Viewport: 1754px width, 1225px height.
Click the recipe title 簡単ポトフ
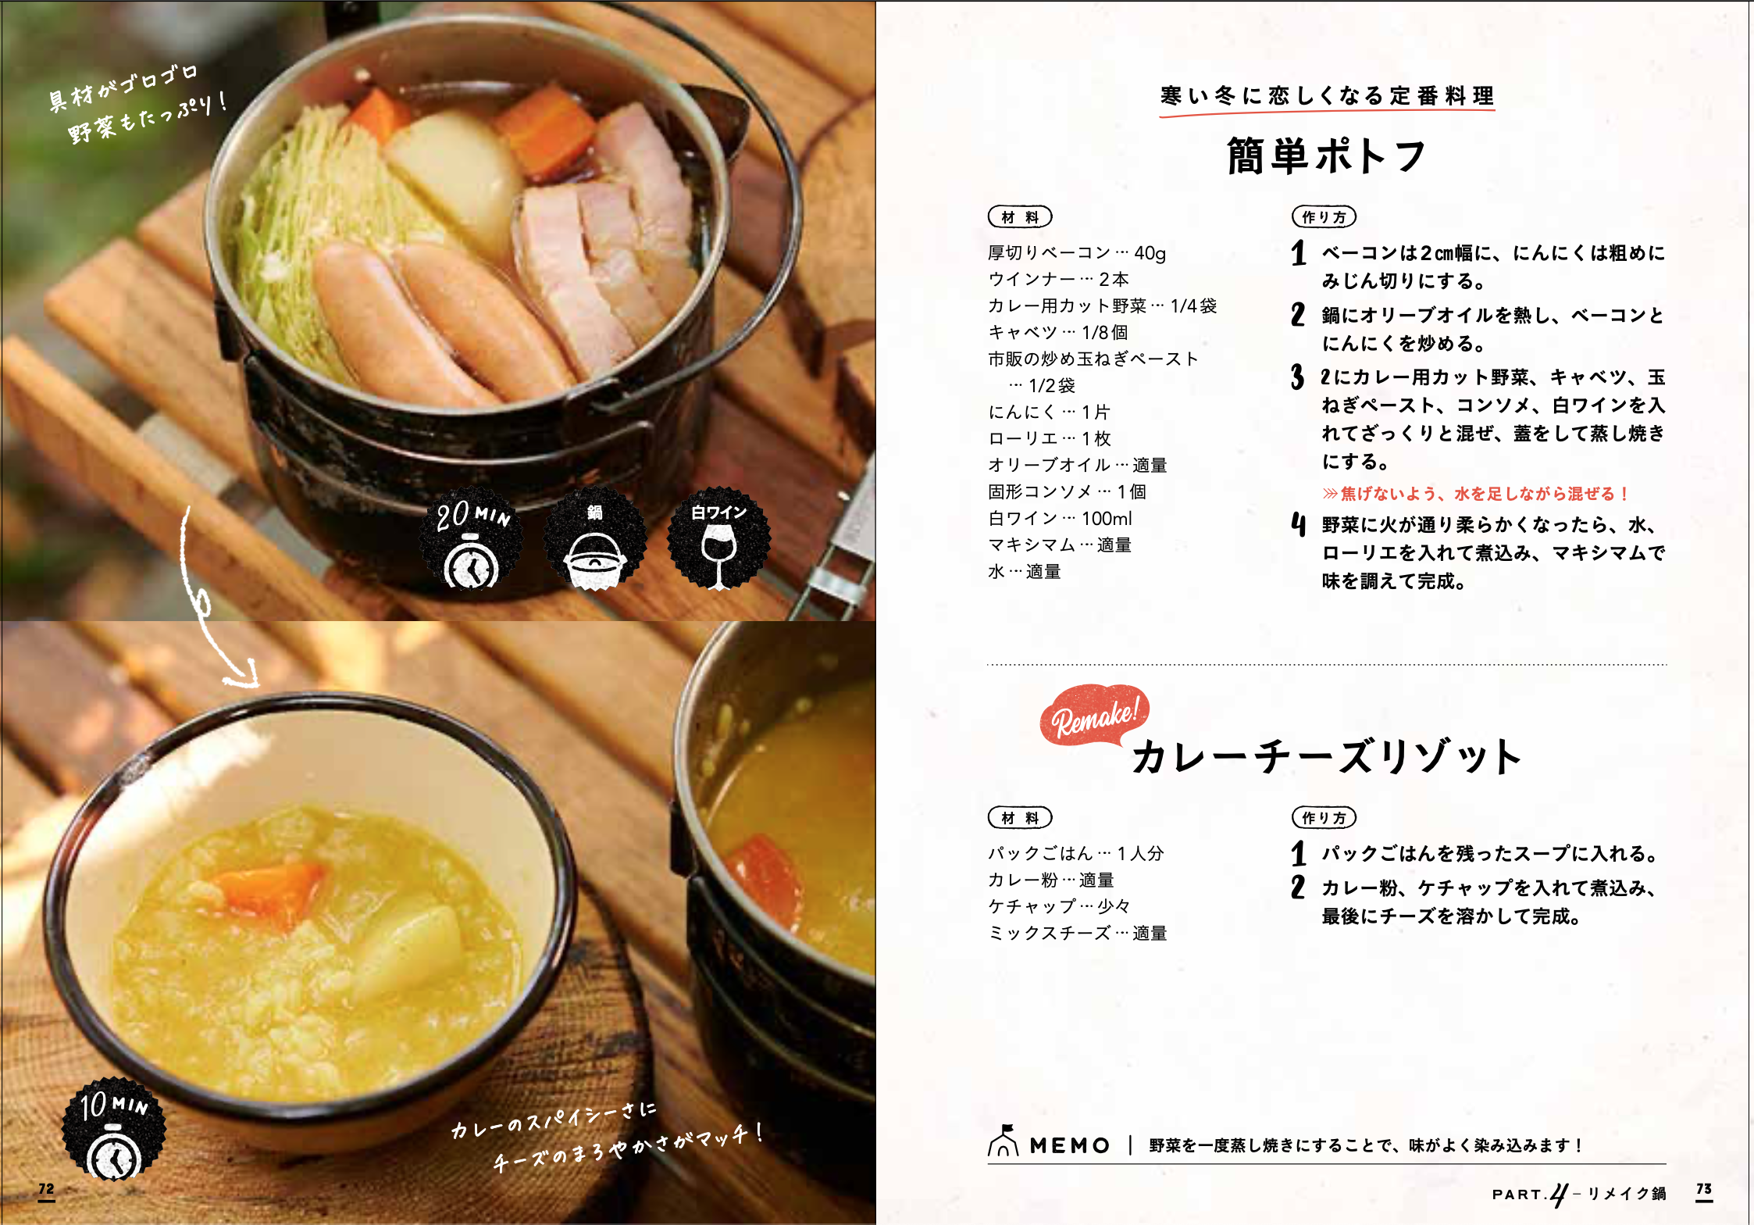1326,155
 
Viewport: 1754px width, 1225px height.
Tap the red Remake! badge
1093,715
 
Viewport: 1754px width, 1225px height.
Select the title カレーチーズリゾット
1327,756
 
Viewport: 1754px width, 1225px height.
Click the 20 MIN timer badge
471,539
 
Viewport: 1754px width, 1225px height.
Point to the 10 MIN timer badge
114,1129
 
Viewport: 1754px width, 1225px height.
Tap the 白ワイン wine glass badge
719,539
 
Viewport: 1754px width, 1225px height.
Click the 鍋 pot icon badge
595,539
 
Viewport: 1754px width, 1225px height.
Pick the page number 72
47,1190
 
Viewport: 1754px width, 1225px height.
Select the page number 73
1704,1190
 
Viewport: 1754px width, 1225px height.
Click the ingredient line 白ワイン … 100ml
1060,518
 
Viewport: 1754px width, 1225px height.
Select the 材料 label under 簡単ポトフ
1020,216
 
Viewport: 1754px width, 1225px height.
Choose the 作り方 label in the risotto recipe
1324,817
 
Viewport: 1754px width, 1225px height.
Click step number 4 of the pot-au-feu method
1298,525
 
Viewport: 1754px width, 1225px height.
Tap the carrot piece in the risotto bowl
269,891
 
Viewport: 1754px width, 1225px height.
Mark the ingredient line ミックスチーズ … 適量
1077,933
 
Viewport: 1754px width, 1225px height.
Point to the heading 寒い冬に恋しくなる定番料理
1327,96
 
